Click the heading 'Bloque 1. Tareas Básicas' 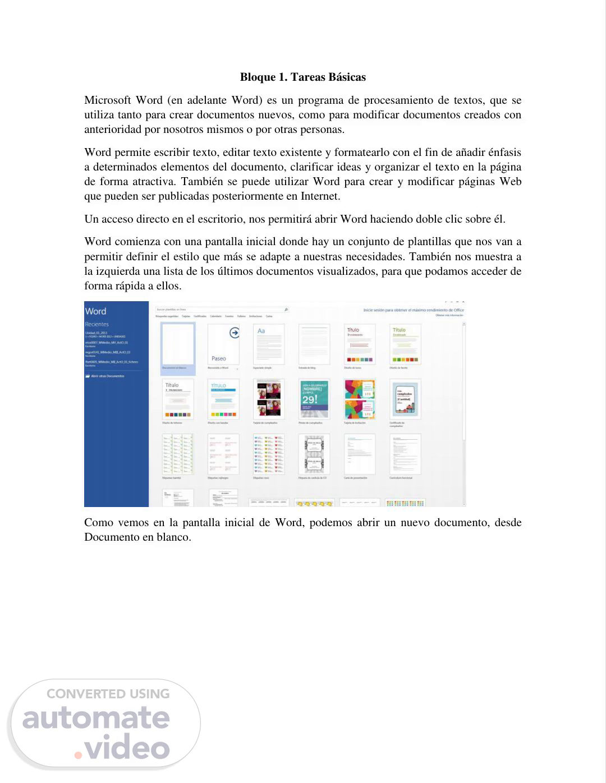[302, 77]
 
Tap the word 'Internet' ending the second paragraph [319, 196]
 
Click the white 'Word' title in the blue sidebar [95, 311]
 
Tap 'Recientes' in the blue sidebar [97, 324]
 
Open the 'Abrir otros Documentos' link [107, 376]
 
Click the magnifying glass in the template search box [286, 310]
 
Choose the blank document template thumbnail [177, 344]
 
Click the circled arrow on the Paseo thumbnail [235, 333]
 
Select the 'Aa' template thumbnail [269, 344]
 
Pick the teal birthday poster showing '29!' [314, 399]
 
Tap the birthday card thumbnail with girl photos [269, 399]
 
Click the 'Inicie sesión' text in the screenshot [374, 310]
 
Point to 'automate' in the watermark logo [96, 718]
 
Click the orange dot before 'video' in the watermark [79, 755]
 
